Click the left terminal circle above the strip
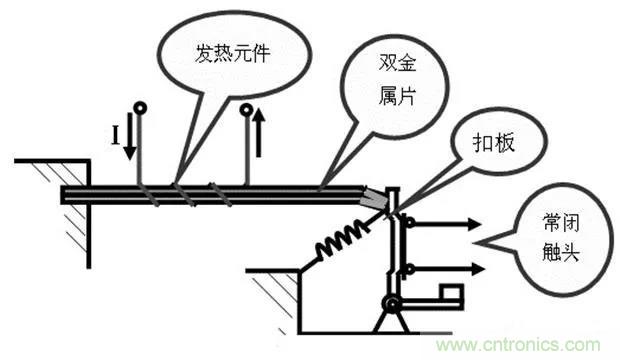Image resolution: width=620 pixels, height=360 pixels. point(140,108)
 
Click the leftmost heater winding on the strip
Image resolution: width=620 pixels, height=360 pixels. point(145,191)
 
